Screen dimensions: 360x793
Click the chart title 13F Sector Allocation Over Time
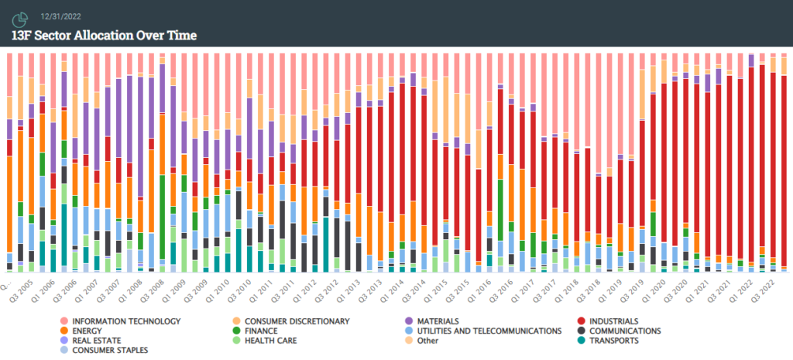(104, 35)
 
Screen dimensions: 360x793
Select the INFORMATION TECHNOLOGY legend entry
(125, 321)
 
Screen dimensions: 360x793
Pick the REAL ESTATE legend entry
(98, 340)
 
